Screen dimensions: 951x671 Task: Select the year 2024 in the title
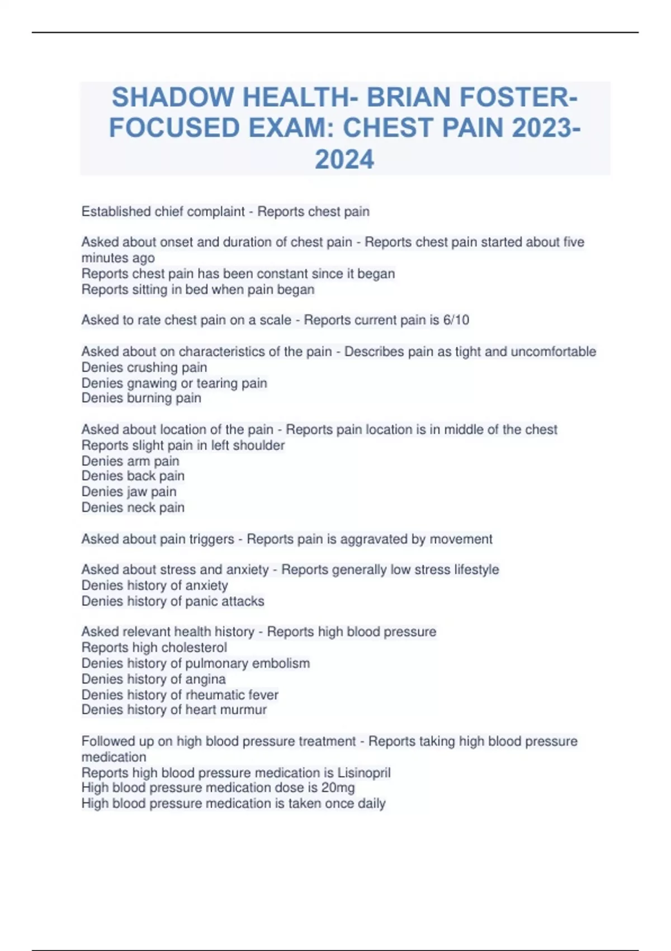[x=344, y=159]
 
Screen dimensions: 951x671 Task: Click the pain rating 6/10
[x=456, y=320]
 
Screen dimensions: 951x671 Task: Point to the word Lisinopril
[x=364, y=773]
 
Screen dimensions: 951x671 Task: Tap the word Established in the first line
[x=116, y=211]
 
